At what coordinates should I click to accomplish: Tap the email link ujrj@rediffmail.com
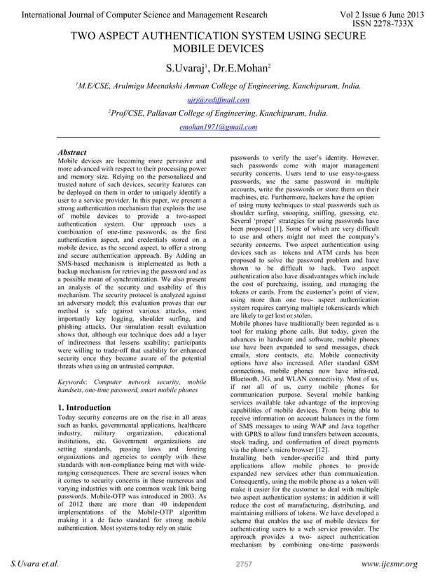tap(218, 100)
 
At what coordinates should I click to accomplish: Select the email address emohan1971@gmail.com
tap(218, 127)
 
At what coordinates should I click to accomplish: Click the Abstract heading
tap(71, 152)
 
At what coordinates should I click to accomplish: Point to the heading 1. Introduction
tap(84, 407)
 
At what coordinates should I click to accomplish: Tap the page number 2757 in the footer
tap(243, 564)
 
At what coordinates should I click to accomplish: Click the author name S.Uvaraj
tap(184, 69)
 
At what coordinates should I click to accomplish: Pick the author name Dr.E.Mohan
tap(240, 69)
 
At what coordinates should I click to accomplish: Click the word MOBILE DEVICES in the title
tap(218, 48)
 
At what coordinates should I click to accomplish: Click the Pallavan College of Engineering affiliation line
tap(219, 113)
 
